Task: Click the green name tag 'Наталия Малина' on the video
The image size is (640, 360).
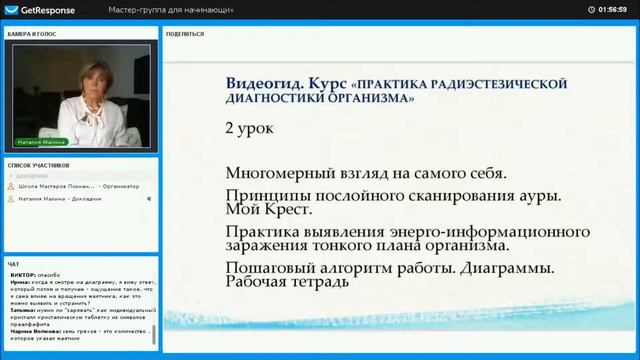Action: pyautogui.click(x=41, y=142)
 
